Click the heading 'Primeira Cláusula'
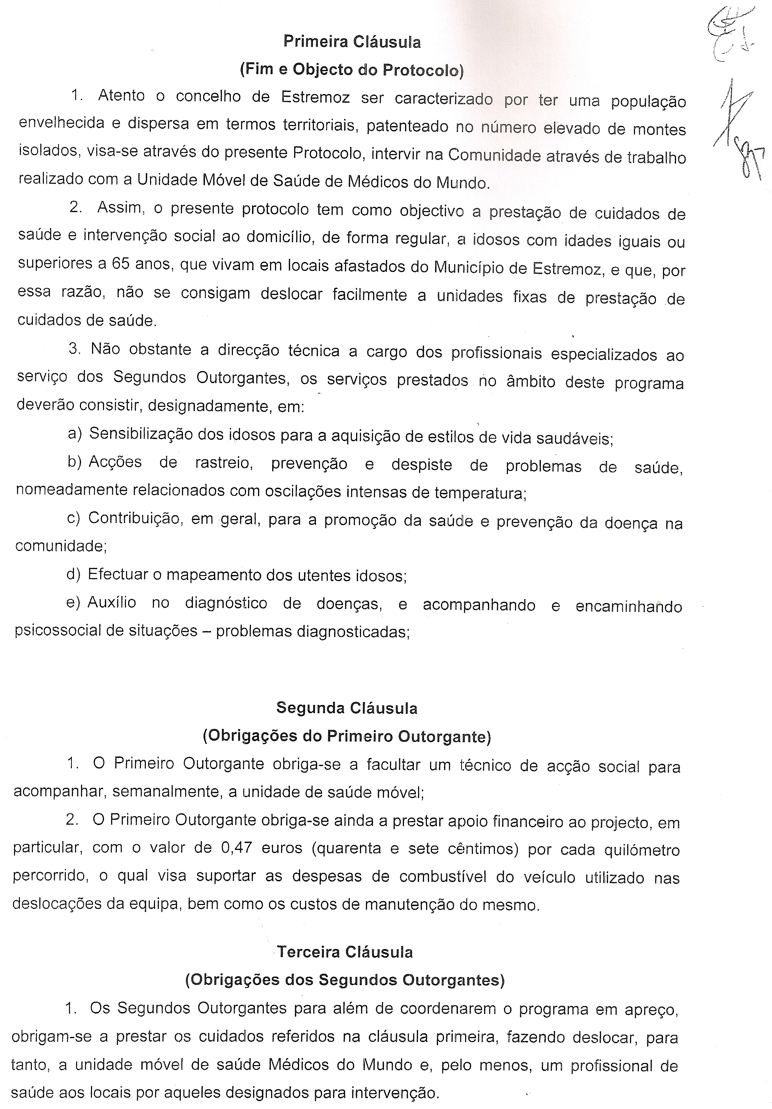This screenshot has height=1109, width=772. pos(351,42)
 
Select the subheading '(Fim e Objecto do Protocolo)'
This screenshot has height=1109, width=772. pos(351,70)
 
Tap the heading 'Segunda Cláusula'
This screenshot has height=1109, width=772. pos(347,708)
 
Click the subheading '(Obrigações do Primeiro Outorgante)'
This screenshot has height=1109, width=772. pos(347,736)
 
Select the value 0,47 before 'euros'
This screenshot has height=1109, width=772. pos(235,848)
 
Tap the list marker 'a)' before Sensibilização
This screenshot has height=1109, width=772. pos(75,433)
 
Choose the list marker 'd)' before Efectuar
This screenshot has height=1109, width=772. pos(73,574)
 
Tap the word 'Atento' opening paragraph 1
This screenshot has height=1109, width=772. pos(121,96)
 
